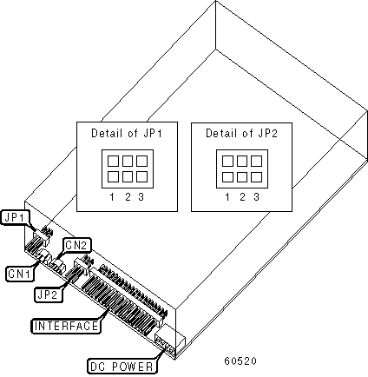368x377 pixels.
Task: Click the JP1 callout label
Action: (15, 217)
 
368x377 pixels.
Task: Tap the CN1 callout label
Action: (19, 274)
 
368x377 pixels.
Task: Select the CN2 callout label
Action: (76, 245)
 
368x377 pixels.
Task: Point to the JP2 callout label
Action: (48, 294)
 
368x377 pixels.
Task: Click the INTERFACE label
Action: (66, 326)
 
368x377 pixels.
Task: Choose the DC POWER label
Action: (122, 367)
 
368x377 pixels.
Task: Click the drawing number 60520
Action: (240, 360)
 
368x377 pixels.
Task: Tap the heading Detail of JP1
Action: (127, 133)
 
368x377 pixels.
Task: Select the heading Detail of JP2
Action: (241, 133)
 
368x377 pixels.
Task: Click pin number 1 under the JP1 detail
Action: (112, 197)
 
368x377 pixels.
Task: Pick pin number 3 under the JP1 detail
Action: (141, 197)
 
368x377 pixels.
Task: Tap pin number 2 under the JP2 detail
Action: (242, 197)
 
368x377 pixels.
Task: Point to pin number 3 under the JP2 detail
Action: (256, 197)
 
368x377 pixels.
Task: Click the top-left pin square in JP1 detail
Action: (113, 161)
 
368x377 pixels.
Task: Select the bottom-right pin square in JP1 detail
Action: (141, 176)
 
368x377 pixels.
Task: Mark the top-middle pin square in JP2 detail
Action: (242, 161)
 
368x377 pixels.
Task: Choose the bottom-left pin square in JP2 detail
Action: (227, 176)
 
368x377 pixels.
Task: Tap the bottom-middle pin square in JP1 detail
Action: (128, 176)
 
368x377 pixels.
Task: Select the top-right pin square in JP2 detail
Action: (257, 161)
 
